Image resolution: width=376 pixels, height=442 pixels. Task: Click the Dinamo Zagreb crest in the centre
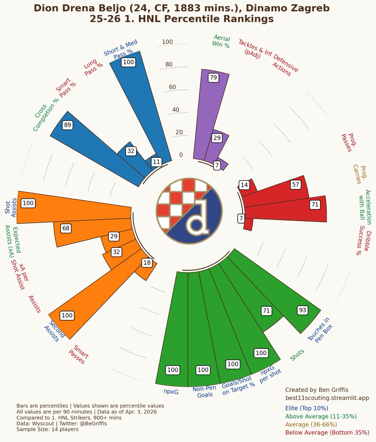(x=189, y=211)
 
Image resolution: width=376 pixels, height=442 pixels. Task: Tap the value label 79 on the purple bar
(x=213, y=77)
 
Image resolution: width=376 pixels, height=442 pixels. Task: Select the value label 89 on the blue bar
(x=67, y=125)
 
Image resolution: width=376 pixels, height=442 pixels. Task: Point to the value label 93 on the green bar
(x=302, y=310)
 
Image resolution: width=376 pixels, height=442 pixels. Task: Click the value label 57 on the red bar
(x=295, y=185)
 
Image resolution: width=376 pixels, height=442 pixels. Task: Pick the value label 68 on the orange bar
(x=66, y=228)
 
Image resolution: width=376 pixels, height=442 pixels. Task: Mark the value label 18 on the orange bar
(x=147, y=263)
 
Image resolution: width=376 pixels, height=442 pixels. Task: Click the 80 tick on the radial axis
(x=169, y=64)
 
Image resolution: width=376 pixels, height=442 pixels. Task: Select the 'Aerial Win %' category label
(x=221, y=42)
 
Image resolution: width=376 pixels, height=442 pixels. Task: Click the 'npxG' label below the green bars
(x=171, y=392)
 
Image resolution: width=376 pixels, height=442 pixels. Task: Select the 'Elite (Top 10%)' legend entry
(x=306, y=408)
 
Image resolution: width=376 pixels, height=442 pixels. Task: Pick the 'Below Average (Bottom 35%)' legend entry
(x=327, y=432)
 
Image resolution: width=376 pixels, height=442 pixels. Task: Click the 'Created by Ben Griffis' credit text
(x=316, y=390)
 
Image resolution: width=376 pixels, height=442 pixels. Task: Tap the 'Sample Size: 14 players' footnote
(x=47, y=429)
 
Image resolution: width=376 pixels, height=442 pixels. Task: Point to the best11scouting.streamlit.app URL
(x=327, y=398)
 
